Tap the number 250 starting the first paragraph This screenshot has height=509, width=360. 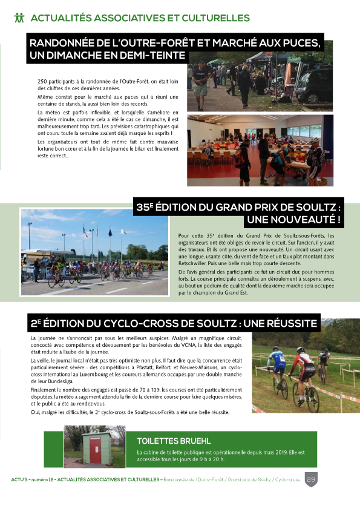[42, 80]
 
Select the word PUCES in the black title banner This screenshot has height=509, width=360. [297, 44]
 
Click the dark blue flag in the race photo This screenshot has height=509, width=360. [110, 232]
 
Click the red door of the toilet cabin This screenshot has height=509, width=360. [95, 447]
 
